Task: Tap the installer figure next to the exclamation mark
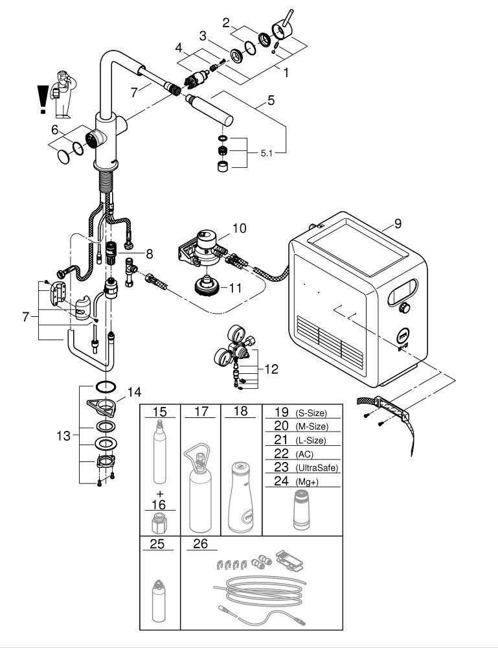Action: click(63, 91)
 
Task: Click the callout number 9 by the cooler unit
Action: click(398, 224)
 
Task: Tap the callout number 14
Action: click(133, 391)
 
